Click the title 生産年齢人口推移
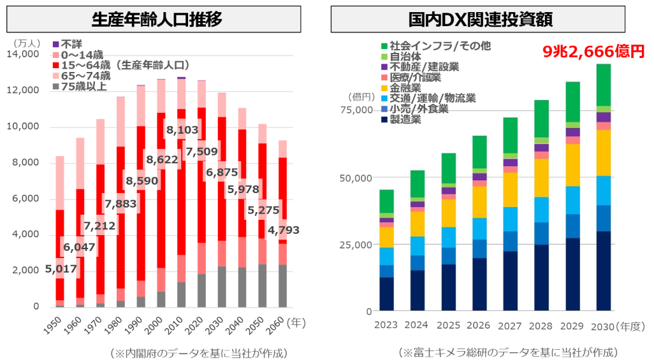[x=157, y=20]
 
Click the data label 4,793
[x=282, y=230]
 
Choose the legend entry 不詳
[x=70, y=45]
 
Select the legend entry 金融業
[x=405, y=87]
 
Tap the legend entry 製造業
[x=405, y=119]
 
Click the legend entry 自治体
[x=405, y=56]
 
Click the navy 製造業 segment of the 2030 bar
[x=603, y=271]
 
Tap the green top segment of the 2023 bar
[x=386, y=201]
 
